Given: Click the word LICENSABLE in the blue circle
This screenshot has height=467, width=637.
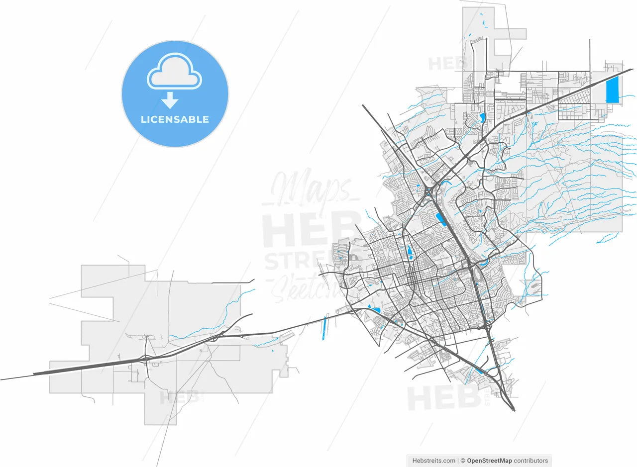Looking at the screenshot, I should click(175, 119).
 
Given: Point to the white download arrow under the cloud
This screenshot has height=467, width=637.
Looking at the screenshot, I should click(170, 100).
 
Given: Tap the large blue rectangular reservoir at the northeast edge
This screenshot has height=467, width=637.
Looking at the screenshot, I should click(612, 90).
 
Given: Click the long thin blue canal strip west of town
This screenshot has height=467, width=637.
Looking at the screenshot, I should click(324, 328).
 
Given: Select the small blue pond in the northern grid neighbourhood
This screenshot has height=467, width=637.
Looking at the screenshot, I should click(482, 118).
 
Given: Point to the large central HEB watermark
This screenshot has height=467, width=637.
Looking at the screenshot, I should click(311, 229).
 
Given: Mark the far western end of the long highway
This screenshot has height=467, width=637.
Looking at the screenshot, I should click(2, 379).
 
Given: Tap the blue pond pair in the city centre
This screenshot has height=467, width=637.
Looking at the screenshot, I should click(410, 253).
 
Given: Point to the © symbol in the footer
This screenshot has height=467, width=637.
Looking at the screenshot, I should click(462, 461).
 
